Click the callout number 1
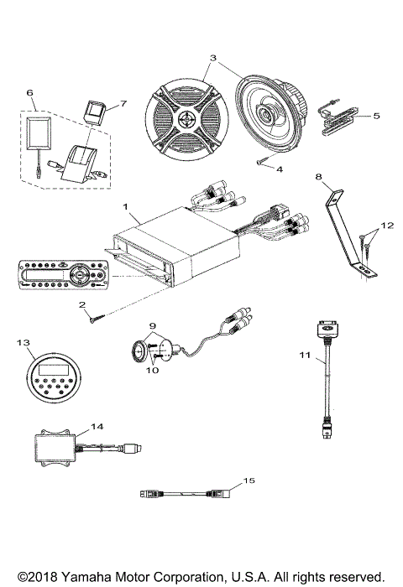[x=125, y=205]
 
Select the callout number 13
[x=23, y=342]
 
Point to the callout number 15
[x=247, y=480]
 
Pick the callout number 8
[x=317, y=177]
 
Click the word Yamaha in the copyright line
[x=84, y=577]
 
